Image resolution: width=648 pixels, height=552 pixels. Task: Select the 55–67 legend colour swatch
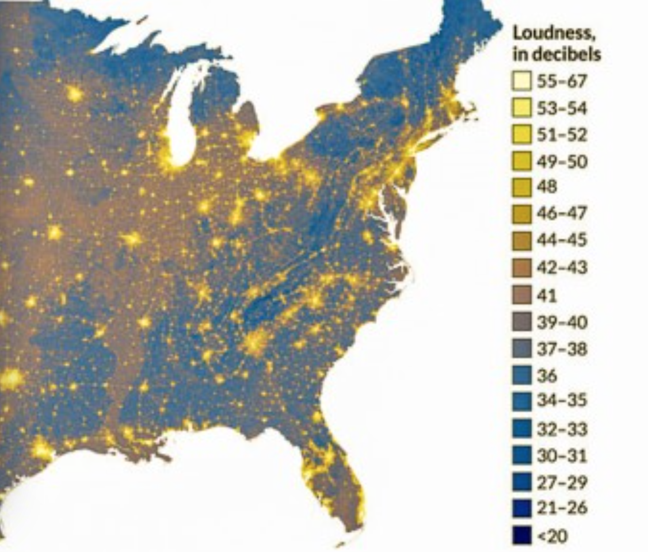[521, 82]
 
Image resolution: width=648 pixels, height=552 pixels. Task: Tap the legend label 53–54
[562, 108]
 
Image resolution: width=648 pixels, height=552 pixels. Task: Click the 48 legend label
[547, 187]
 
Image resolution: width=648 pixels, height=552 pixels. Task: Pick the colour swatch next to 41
[521, 296]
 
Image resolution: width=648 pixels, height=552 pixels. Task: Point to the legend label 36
[547, 375]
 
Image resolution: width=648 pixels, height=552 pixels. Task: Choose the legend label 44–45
[562, 240]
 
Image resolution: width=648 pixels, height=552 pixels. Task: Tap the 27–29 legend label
[562, 482]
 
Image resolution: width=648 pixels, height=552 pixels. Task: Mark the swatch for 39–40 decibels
[521, 322]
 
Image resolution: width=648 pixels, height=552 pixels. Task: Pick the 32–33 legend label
[562, 429]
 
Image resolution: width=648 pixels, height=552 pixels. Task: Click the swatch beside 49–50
[521, 162]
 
